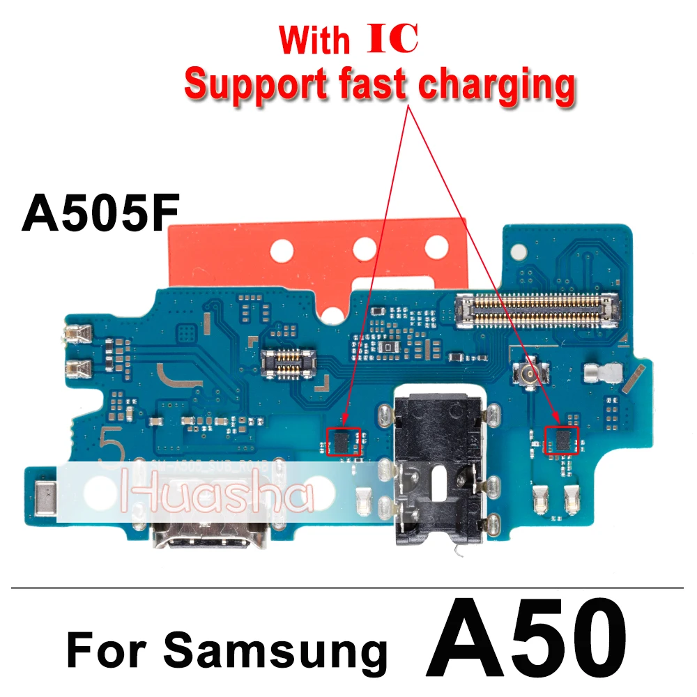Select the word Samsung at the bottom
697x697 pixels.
[x=275, y=651]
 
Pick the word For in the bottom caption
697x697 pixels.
[x=107, y=651]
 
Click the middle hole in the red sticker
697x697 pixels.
[x=365, y=247]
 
